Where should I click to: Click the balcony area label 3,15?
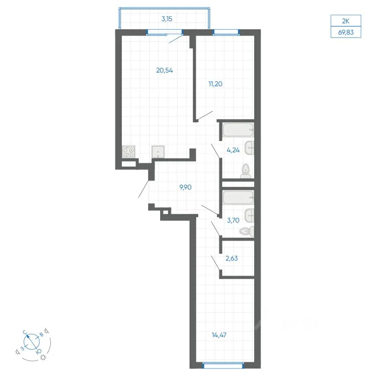[167, 19]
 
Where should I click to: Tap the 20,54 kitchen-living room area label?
[164, 70]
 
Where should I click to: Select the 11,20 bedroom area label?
[215, 84]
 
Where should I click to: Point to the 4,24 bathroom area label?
[233, 150]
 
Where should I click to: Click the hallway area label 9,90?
[186, 187]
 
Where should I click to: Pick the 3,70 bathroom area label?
[233, 221]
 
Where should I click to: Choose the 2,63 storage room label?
[231, 258]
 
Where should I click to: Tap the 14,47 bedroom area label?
[219, 335]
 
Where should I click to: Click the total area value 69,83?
[346, 33]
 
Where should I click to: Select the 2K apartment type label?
[346, 21]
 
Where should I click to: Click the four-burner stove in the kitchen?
[128, 152]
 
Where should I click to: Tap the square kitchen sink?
[158, 152]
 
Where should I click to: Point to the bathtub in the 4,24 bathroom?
[238, 130]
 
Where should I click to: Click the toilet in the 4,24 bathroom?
[246, 171]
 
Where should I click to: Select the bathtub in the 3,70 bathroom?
[238, 197]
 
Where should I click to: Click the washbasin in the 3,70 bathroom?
[249, 215]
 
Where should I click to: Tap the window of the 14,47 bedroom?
[223, 365]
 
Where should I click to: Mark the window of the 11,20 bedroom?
[226, 32]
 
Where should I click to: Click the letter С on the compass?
[25, 332]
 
